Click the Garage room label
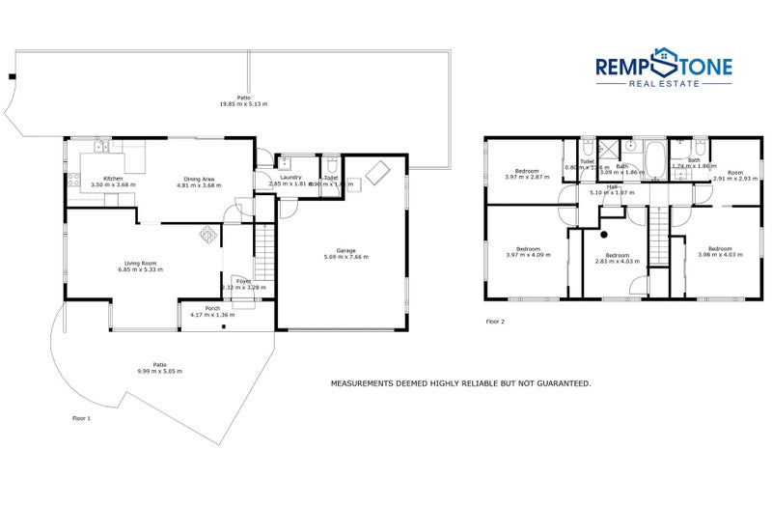(346, 251)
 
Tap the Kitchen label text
(113, 178)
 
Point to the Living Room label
(140, 262)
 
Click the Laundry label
(291, 178)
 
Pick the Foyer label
(243, 281)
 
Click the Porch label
(212, 308)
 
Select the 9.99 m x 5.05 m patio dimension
(159, 371)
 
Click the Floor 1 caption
(82, 418)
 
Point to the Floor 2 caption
(495, 320)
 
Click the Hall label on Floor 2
(612, 186)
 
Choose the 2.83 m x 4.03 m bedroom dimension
(618, 261)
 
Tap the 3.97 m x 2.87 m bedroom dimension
(527, 178)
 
